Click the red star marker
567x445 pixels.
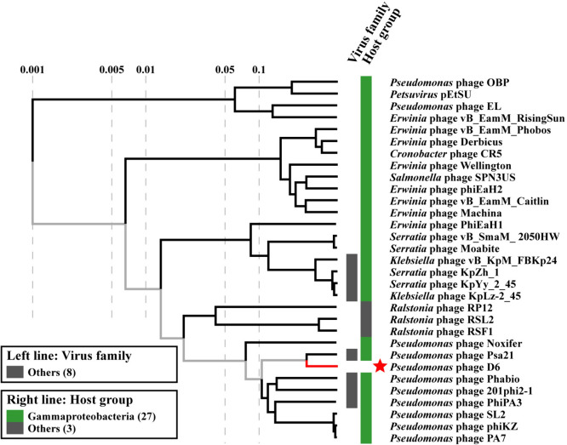[x=380, y=366]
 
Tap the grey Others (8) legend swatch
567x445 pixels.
[x=20, y=371]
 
